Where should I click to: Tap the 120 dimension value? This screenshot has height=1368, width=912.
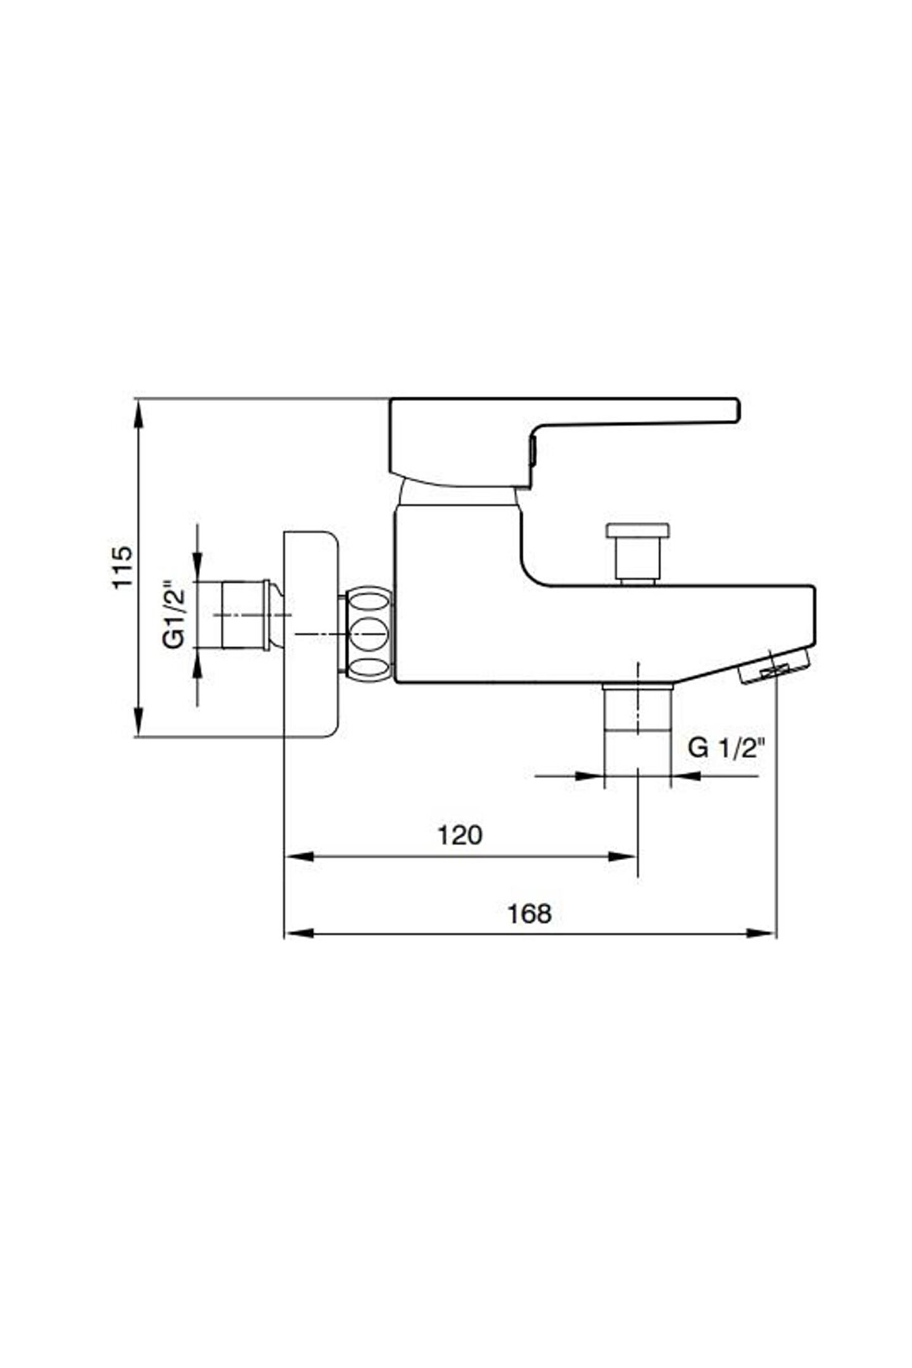[x=460, y=835]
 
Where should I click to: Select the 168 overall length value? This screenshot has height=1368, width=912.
[x=529, y=914]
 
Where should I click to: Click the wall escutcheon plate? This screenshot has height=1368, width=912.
[x=311, y=633]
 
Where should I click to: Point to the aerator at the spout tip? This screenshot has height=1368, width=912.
[x=776, y=665]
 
